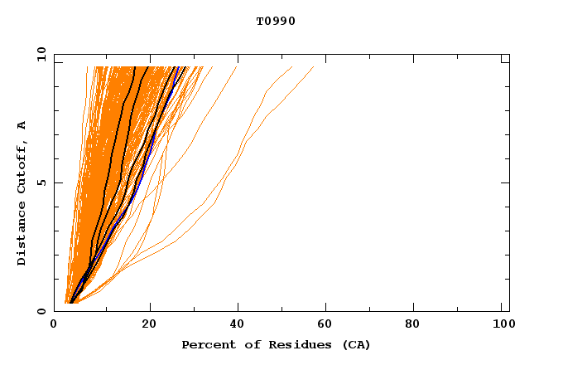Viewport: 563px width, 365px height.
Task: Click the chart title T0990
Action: click(276, 22)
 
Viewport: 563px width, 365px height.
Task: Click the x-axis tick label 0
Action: click(54, 325)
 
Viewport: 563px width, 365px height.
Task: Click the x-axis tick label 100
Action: click(503, 325)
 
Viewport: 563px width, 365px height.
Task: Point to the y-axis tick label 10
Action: click(41, 55)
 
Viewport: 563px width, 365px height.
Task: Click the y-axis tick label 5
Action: click(44, 182)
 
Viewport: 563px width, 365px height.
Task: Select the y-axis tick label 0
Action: click(44, 310)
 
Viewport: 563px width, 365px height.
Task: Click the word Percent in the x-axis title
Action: click(206, 344)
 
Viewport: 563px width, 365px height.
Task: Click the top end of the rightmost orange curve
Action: click(314, 66)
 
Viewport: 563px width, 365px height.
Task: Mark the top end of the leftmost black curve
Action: click(135, 66)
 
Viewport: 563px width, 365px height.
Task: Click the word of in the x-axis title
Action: click(248, 344)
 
